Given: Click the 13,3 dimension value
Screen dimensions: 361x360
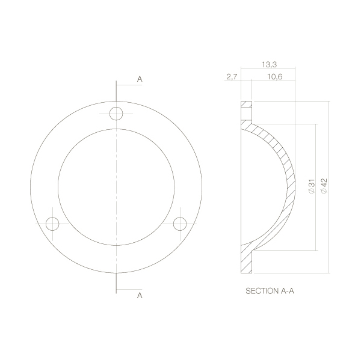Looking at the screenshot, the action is coord(269,65).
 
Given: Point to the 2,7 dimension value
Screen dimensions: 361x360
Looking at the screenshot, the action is coord(232,77).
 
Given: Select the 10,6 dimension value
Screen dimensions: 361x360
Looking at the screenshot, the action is coord(275,77).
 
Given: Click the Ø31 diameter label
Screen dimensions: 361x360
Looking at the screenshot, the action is coord(311,186).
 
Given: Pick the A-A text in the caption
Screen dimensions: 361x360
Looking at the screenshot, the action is coord(288,291).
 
